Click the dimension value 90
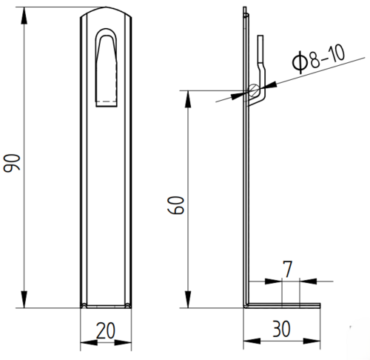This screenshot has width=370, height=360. pos(11,163)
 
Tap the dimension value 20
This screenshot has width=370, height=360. pos(106,330)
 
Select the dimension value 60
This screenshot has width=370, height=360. pos(175,205)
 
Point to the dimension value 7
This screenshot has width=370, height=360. pos(288,269)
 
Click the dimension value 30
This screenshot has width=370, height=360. pos(281,329)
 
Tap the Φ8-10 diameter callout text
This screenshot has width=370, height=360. pos(318,59)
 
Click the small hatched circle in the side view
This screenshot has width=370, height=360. pos(253,90)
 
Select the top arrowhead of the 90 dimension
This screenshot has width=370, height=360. pos(24,16)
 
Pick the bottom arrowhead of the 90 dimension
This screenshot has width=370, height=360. pos(24,299)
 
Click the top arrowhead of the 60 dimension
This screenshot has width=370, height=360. pos(188,99)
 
